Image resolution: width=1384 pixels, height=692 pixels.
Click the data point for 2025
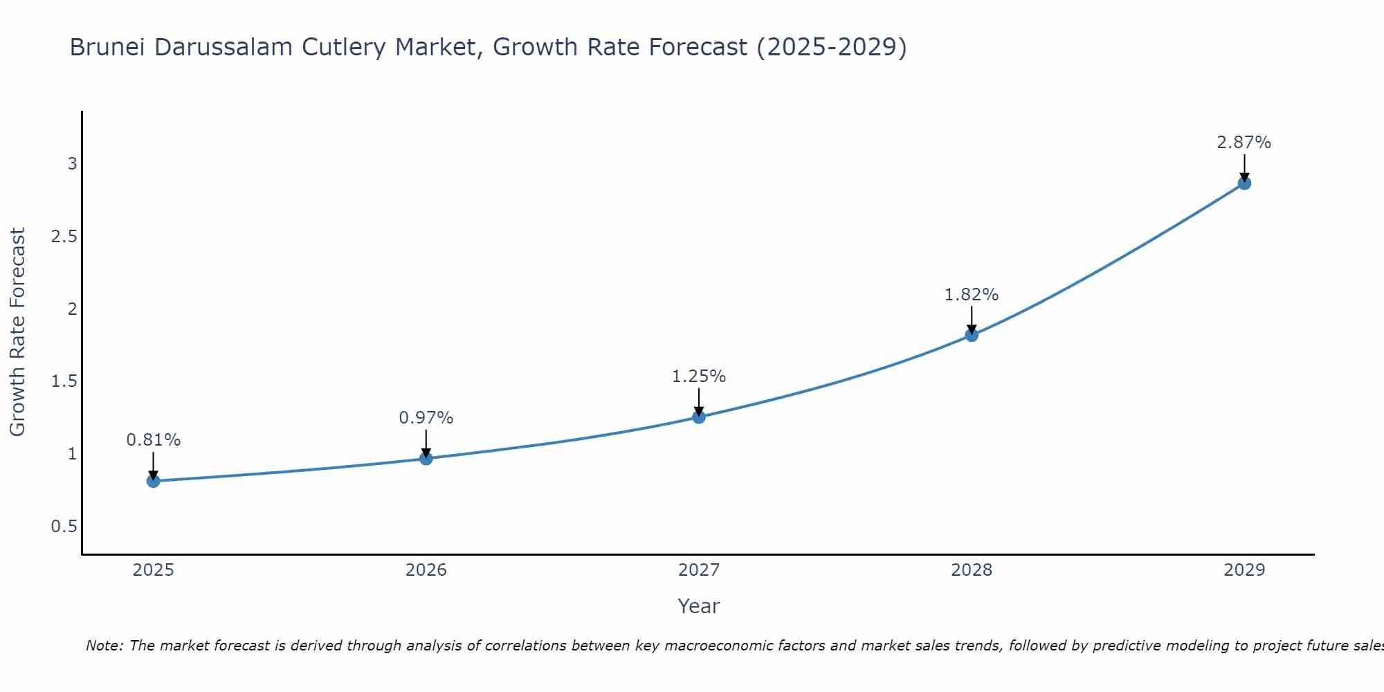(x=153, y=481)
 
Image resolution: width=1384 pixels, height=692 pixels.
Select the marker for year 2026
(x=426, y=458)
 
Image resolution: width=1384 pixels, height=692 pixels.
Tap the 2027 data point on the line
(x=699, y=417)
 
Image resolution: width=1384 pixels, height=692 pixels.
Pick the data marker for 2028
(x=972, y=335)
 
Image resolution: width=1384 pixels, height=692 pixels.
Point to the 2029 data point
(x=1244, y=183)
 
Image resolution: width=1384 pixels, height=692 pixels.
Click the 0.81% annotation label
(x=153, y=440)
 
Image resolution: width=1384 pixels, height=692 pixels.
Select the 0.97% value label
(x=426, y=418)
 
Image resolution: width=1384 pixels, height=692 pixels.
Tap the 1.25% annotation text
(x=699, y=376)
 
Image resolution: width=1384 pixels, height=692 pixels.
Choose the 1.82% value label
(x=972, y=295)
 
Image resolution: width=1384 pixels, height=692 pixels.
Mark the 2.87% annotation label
(x=1244, y=143)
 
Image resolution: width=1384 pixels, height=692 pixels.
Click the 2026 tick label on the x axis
(x=426, y=570)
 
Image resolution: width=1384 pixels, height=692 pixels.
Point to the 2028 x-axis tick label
(x=972, y=570)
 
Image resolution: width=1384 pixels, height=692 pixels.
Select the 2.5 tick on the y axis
(x=64, y=237)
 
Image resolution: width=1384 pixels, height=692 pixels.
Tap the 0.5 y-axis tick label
(x=64, y=527)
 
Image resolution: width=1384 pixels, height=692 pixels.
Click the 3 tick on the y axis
(x=72, y=164)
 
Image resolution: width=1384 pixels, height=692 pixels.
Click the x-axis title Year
(x=699, y=606)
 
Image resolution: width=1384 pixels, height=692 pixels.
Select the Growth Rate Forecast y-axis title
(x=18, y=332)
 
